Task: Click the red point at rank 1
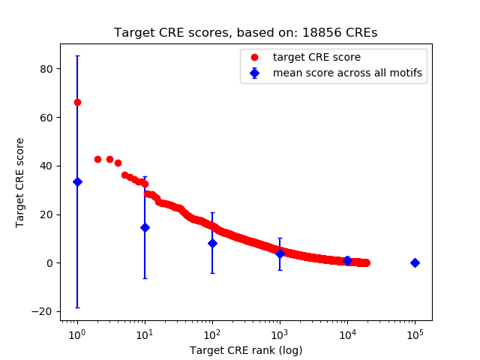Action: pos(77,102)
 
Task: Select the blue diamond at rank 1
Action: pos(77,181)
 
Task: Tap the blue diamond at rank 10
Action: pos(145,227)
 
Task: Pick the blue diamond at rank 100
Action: pos(212,243)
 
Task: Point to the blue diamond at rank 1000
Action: pos(280,253)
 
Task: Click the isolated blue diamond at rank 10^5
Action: pos(415,262)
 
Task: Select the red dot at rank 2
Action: pos(97,159)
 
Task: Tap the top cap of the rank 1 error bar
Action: pos(77,55)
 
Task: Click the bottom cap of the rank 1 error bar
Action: pos(77,307)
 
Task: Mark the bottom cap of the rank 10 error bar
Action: pos(145,278)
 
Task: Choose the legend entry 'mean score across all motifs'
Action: pos(347,73)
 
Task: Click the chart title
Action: pos(246,33)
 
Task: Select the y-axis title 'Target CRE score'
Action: pos(21,182)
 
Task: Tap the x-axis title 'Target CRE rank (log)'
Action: pos(246,349)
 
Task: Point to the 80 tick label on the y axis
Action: pos(48,69)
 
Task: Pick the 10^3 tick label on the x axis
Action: pos(280,333)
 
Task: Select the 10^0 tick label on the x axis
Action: pos(77,333)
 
